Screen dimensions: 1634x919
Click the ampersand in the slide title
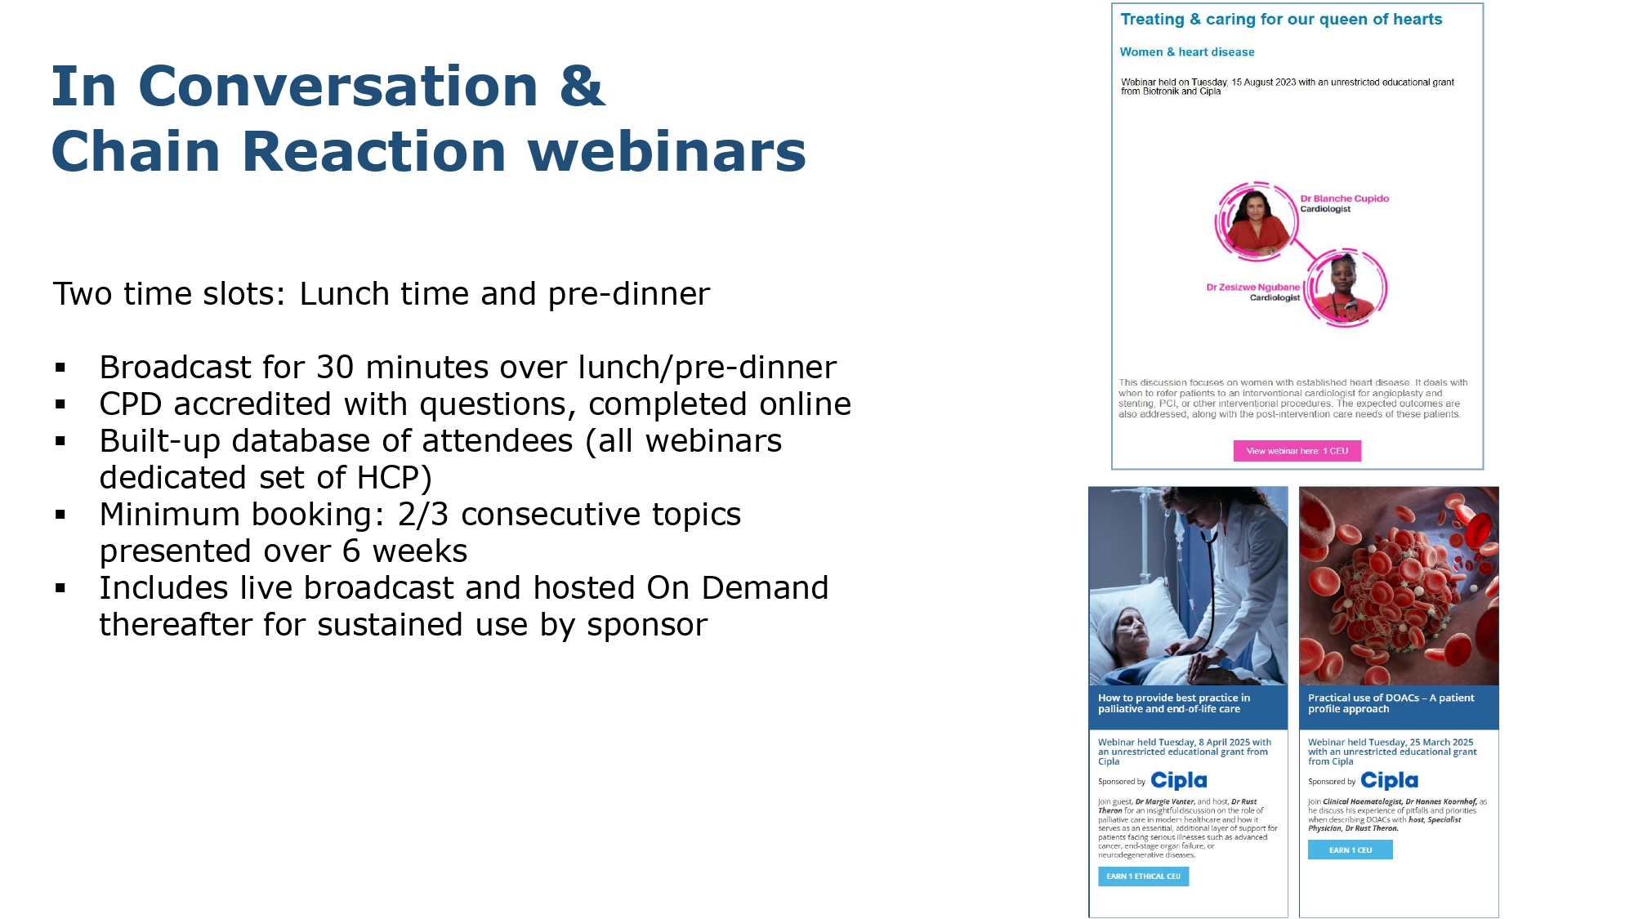coord(583,87)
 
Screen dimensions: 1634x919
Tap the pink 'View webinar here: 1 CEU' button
coord(1297,451)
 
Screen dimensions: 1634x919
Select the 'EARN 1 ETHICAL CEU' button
coord(1143,877)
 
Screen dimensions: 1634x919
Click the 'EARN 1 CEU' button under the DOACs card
coord(1350,850)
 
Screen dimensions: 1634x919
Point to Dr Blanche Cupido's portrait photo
coord(1256,221)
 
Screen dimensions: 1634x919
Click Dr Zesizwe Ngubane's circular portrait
coord(1345,288)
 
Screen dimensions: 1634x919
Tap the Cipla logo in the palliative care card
coord(1179,781)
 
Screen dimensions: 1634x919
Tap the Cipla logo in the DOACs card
coord(1389,781)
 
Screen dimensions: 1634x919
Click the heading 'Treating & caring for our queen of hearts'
coord(1281,20)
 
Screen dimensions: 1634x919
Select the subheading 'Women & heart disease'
coord(1186,52)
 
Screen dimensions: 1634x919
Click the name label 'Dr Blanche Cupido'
coord(1345,199)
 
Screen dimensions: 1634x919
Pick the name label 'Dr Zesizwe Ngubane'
coord(1252,288)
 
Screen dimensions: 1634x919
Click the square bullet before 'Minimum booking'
coord(60,515)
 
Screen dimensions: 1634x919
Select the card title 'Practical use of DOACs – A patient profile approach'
coord(1391,703)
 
